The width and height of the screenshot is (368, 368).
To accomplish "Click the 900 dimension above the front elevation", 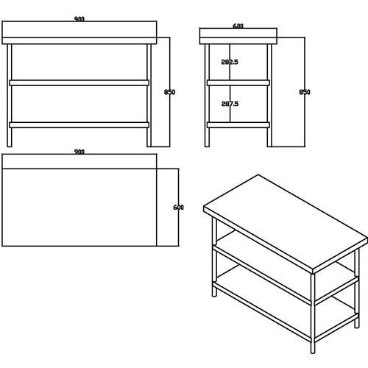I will click(x=79, y=21).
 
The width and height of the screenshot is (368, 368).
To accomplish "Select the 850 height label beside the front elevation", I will click(x=171, y=92).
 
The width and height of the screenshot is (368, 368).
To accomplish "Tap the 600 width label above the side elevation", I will click(x=238, y=26).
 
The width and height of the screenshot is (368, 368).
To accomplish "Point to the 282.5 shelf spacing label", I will click(x=230, y=63).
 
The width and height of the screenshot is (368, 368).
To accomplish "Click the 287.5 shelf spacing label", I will click(x=230, y=104).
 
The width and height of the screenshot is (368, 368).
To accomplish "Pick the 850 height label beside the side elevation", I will click(x=305, y=92).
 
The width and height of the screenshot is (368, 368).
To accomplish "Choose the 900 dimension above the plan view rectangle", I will click(x=79, y=152).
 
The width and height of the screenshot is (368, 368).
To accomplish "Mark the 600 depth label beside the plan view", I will click(x=178, y=207).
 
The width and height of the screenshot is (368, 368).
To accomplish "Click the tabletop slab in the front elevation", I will click(x=79, y=34).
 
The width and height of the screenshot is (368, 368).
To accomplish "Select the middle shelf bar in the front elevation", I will click(x=79, y=82).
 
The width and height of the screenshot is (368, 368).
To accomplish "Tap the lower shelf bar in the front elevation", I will click(x=79, y=124).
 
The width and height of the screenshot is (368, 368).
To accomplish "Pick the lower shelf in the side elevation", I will click(x=238, y=124).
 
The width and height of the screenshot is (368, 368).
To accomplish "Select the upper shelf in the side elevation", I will click(x=238, y=82).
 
